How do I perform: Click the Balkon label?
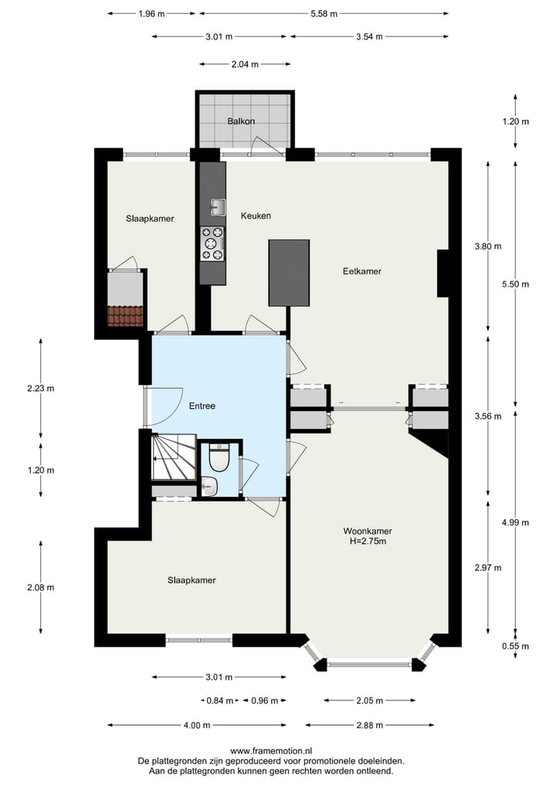241,121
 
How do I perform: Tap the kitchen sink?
218,206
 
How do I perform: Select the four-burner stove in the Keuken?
212,242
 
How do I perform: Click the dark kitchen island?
289,272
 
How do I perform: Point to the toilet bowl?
219,460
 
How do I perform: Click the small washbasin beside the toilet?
209,486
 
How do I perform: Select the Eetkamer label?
362,271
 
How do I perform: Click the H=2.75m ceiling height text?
368,541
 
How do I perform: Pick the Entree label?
202,406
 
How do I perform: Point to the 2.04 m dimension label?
245,64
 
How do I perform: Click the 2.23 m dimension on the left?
40,389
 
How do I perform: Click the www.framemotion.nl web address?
271,750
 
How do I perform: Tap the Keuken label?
256,216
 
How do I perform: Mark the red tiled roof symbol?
125,316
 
